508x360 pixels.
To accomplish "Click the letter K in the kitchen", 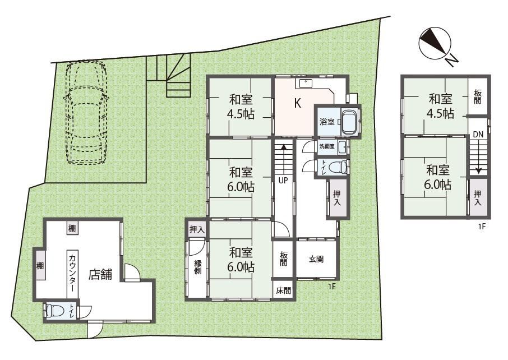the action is click(x=297, y=103).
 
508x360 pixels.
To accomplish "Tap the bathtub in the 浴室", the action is click(x=349, y=122).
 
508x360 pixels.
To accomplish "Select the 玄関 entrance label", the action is click(x=316, y=259).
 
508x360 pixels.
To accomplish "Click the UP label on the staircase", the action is click(x=283, y=181).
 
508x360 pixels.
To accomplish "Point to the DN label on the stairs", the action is click(x=478, y=135).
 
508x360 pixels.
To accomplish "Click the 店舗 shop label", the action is click(x=100, y=274).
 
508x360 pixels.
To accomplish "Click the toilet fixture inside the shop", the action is click(x=53, y=311).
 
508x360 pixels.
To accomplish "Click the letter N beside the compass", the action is click(x=451, y=60).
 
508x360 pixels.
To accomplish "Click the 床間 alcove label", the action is click(x=283, y=290).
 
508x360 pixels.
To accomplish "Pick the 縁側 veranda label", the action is click(x=197, y=267).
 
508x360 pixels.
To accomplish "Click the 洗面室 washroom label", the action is click(x=327, y=146).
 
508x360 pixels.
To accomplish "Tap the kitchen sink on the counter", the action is click(x=305, y=83).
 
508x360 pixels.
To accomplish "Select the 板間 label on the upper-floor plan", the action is click(x=478, y=96).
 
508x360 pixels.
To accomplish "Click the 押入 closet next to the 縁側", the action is click(x=197, y=229).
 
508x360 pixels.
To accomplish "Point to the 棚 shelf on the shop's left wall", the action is click(x=40, y=266).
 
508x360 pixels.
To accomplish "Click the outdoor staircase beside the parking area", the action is click(x=168, y=76).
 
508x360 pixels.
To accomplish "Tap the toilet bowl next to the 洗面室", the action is click(x=337, y=168).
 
